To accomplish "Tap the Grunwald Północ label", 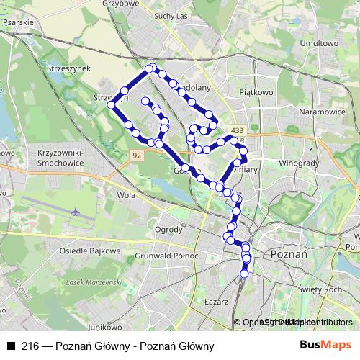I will tap(171, 256).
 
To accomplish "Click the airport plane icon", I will tap(76, 212).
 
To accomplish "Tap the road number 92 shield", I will tap(138, 155).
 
